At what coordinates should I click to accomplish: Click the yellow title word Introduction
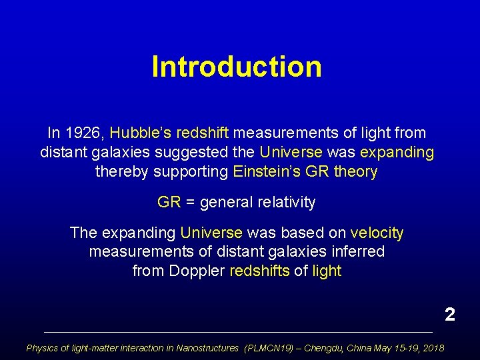click(x=237, y=67)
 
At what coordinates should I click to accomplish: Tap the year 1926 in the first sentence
click(x=85, y=133)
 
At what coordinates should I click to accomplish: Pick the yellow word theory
click(x=355, y=172)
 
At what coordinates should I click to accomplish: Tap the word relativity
click(x=283, y=202)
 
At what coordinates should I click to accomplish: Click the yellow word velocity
click(x=377, y=233)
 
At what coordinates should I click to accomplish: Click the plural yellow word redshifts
click(x=259, y=271)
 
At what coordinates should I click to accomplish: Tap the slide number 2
click(x=450, y=314)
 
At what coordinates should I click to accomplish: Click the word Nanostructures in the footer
click(x=207, y=348)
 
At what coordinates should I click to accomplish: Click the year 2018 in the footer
click(x=433, y=348)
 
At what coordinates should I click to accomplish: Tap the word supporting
click(x=191, y=172)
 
